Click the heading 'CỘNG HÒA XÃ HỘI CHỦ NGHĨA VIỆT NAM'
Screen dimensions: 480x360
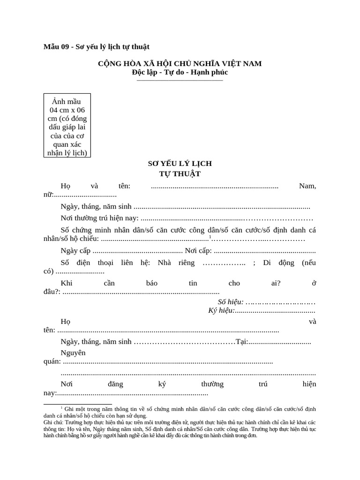click(x=180, y=63)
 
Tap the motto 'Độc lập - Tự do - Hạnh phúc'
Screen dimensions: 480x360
click(x=180, y=72)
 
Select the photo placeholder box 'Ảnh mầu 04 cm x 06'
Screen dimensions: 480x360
click(x=67, y=125)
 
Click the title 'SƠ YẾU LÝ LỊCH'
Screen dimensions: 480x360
click(x=180, y=164)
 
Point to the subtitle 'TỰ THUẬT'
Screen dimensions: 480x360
click(x=180, y=173)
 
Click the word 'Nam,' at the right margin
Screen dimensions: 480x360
click(x=307, y=186)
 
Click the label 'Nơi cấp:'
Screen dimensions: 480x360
click(x=198, y=250)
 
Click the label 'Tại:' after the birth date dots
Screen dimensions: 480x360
click(x=242, y=342)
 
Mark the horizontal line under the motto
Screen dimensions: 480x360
click(x=180, y=81)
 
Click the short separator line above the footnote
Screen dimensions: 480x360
click(x=78, y=404)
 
